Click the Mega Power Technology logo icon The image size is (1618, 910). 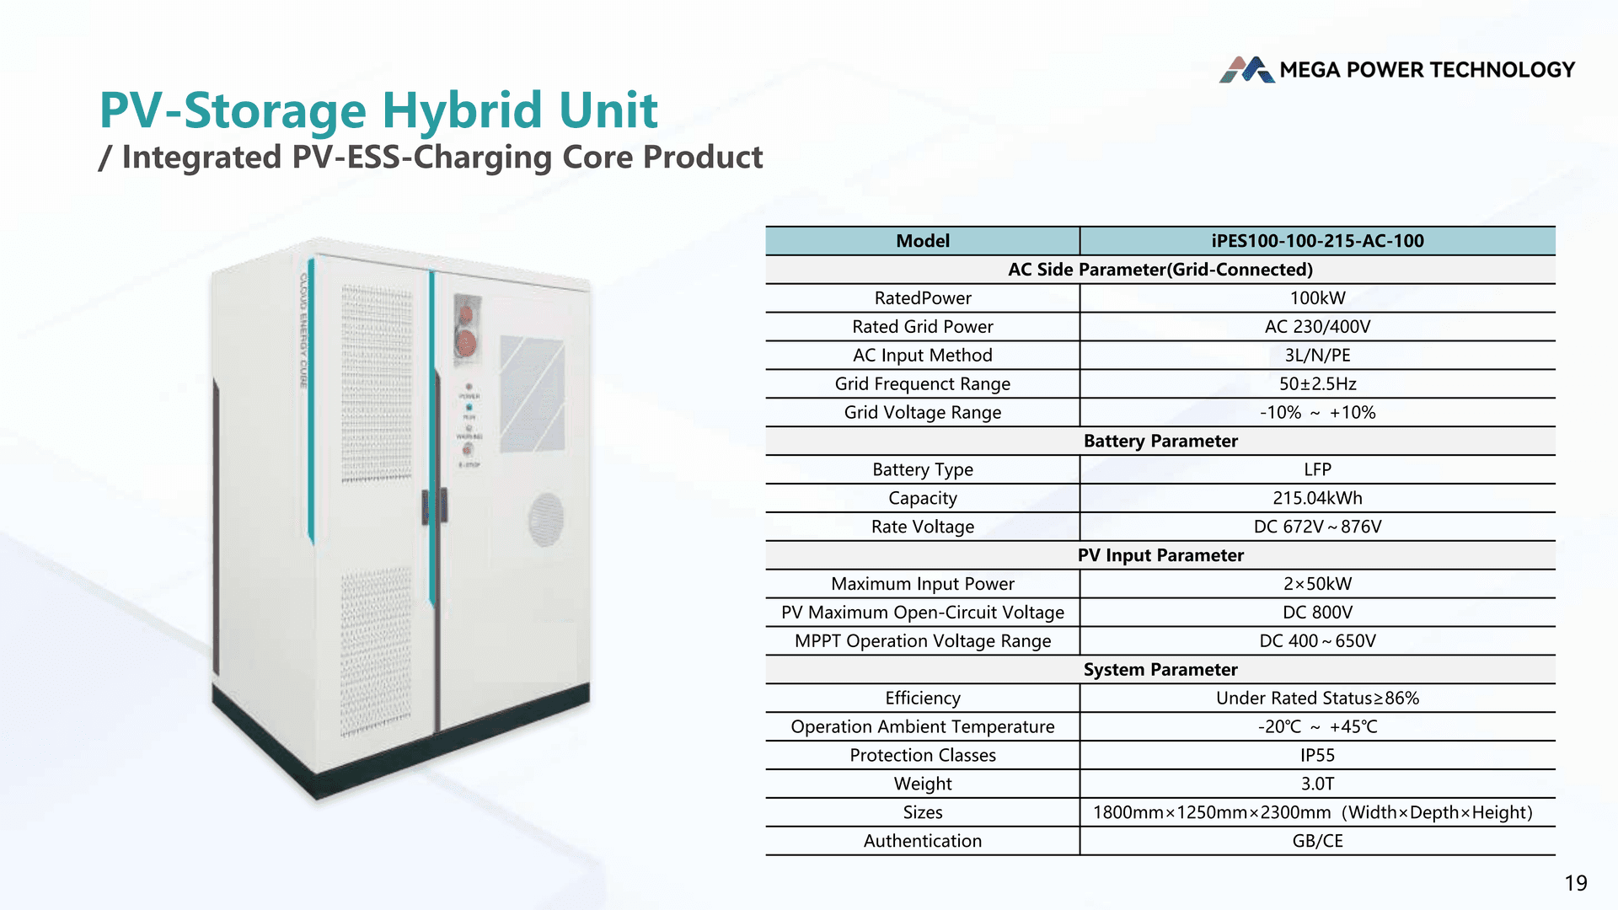coord(1246,70)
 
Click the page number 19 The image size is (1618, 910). coord(1575,883)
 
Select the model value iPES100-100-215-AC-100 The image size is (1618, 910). coord(1317,241)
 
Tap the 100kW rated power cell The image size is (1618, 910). coord(1317,298)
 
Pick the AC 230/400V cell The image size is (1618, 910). coord(1317,327)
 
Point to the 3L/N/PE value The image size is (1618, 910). coord(1317,356)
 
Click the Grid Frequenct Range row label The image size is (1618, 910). coord(922,384)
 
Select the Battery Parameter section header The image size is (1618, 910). coord(1160,442)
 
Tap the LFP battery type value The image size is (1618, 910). coord(1317,470)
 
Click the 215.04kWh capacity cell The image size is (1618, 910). coord(1317,499)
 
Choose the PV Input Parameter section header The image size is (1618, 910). coord(1160,556)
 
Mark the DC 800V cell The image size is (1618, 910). coord(1317,613)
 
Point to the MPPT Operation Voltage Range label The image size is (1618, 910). coord(922,641)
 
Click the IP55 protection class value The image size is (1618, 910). coord(1317,756)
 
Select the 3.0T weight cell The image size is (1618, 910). coord(1317,784)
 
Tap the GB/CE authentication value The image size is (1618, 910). coord(1317,842)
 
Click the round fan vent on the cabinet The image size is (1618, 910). coord(545,519)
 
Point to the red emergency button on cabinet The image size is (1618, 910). coord(466,342)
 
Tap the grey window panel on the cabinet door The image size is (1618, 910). coord(532,394)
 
